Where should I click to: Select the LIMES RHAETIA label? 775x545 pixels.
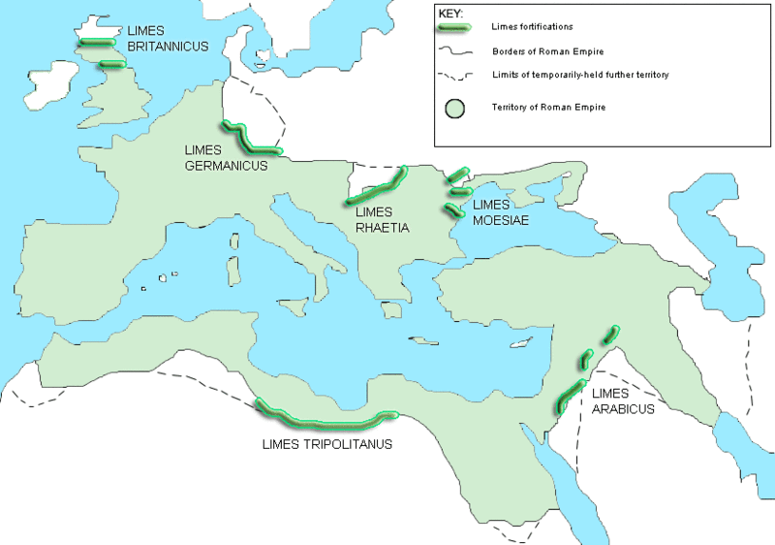pos(384,220)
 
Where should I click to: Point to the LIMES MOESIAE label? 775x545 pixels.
pos(503,212)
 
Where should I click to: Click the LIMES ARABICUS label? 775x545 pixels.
pos(621,401)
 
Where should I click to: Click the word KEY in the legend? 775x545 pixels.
pos(450,15)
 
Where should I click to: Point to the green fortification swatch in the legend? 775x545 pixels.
pos(455,29)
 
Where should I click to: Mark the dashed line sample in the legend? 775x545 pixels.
pos(455,75)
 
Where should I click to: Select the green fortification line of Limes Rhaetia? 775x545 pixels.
pos(376,187)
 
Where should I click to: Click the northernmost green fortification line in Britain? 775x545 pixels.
pos(97,42)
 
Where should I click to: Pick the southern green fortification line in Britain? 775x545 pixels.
pos(112,65)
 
